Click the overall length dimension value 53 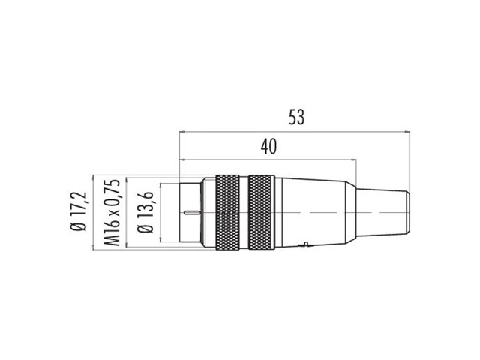(x=297, y=118)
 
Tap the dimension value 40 (x=268, y=146)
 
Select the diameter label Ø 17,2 (x=79, y=211)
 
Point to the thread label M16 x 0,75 (x=112, y=213)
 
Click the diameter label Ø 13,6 (x=145, y=212)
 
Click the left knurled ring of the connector (x=227, y=212)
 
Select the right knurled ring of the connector (x=259, y=212)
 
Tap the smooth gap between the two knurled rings (x=244, y=212)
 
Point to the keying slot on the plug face (x=192, y=211)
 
